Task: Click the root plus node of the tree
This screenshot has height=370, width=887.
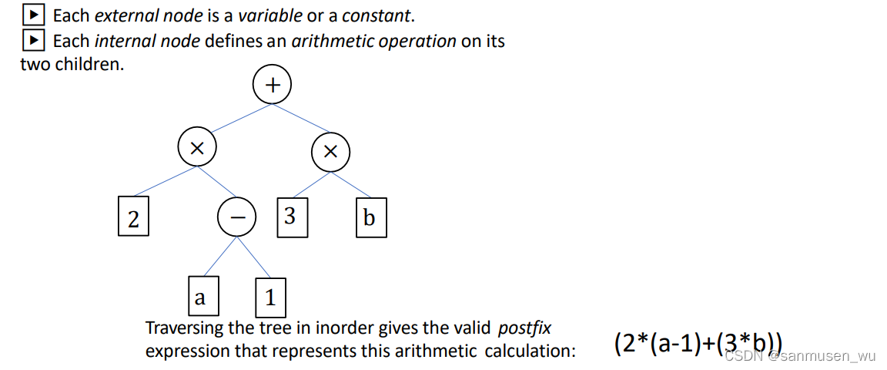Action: click(272, 85)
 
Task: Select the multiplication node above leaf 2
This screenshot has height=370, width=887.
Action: click(197, 149)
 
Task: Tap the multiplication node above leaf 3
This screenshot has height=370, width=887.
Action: click(330, 152)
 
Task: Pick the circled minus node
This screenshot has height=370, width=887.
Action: click(237, 219)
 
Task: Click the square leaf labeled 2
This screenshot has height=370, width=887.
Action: click(133, 219)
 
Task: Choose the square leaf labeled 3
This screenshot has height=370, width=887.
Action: click(290, 217)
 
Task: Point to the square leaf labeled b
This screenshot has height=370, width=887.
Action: click(370, 219)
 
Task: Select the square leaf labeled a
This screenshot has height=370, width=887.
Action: click(201, 297)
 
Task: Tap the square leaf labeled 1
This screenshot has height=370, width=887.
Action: click(270, 297)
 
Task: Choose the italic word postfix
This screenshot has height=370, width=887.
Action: click(524, 328)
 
